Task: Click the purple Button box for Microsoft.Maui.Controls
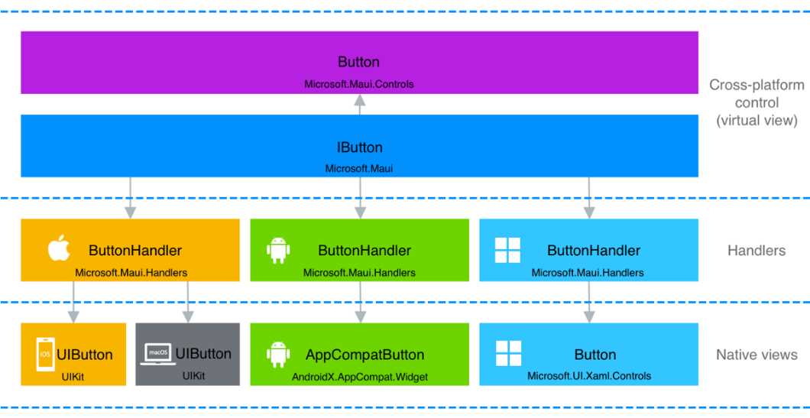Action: [359, 63]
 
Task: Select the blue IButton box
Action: [359, 146]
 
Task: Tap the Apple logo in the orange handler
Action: [60, 249]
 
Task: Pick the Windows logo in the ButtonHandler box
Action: [507, 250]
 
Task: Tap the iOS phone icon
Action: [44, 355]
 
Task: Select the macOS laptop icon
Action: [157, 353]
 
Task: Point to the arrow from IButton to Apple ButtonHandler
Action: [131, 197]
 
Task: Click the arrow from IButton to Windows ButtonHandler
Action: [589, 197]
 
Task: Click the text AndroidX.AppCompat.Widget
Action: [360, 376]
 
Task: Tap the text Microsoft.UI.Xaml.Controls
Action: [589, 376]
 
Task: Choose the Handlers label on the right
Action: [757, 250]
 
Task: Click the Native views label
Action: [757, 355]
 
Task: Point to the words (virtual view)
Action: [757, 120]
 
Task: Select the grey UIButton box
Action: [187, 354]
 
